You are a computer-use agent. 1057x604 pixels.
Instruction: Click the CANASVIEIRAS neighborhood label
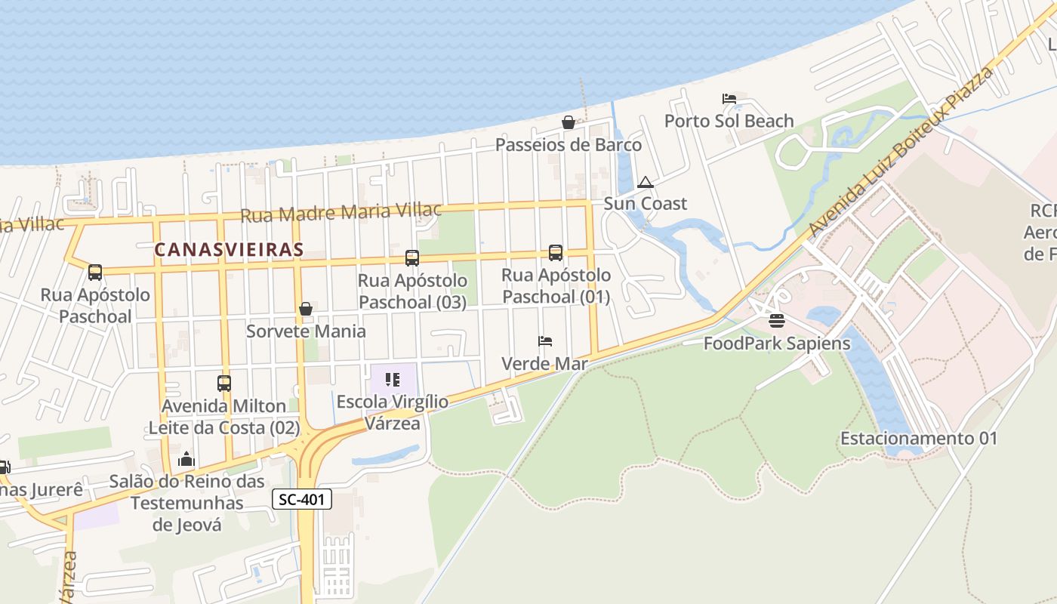pyautogui.click(x=229, y=249)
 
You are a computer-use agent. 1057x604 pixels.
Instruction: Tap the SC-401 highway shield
pyautogui.click(x=301, y=499)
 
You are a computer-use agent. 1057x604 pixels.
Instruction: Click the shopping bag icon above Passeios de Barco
pyautogui.click(x=569, y=122)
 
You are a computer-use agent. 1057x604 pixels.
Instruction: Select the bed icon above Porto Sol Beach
pyautogui.click(x=729, y=99)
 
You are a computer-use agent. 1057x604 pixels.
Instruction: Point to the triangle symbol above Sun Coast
pyautogui.click(x=645, y=182)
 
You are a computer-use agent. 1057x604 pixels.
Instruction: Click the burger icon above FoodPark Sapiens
pyautogui.click(x=777, y=322)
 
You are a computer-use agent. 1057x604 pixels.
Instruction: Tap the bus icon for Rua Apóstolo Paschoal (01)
pyautogui.click(x=556, y=253)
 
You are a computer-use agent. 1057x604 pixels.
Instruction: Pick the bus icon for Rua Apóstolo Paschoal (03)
pyautogui.click(x=412, y=258)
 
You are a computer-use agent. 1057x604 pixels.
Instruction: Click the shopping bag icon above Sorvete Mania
pyautogui.click(x=306, y=309)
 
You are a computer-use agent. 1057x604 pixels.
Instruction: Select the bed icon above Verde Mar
pyautogui.click(x=545, y=341)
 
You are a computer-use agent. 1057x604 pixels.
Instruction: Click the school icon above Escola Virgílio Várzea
pyautogui.click(x=393, y=380)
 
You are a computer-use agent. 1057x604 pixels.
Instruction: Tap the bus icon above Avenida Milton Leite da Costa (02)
pyautogui.click(x=224, y=384)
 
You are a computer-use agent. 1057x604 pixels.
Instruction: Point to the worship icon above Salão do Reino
pyautogui.click(x=186, y=459)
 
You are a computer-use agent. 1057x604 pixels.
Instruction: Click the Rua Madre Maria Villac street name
pyautogui.click(x=341, y=212)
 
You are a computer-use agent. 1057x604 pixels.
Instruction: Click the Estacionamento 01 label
pyautogui.click(x=919, y=438)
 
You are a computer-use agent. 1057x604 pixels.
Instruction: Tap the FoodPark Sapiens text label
pyautogui.click(x=777, y=344)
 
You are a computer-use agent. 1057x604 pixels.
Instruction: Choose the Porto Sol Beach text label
pyautogui.click(x=729, y=121)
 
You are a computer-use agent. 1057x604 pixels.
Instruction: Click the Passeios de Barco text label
pyautogui.click(x=569, y=144)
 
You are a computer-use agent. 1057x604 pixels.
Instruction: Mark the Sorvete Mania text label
pyautogui.click(x=306, y=331)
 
